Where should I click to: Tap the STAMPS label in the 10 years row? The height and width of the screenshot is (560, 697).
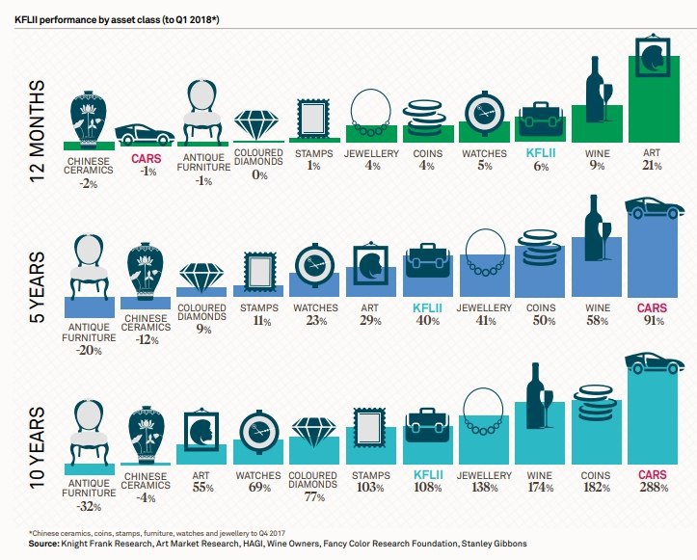(x=370, y=475)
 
